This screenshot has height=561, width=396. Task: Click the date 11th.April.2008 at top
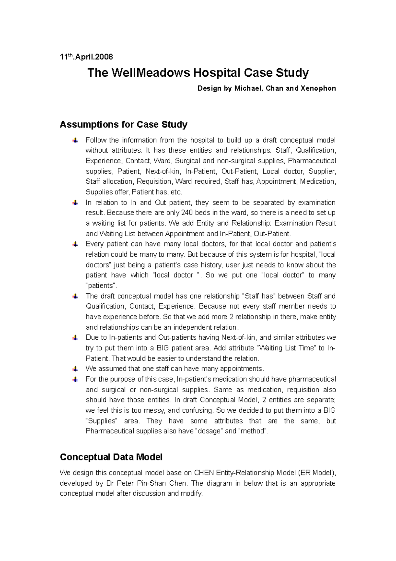[x=86, y=57]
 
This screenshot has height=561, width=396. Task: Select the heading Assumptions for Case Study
[x=123, y=125]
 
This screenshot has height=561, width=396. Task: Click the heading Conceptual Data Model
[x=111, y=457]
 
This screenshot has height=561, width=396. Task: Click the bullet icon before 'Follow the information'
[x=75, y=140]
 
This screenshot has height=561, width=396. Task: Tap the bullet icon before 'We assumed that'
[x=75, y=369]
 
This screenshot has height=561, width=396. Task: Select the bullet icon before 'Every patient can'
[x=75, y=244]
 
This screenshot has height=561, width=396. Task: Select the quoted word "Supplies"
[x=102, y=421]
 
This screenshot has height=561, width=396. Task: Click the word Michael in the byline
[x=248, y=88]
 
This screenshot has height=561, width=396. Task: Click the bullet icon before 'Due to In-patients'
[x=75, y=338]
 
